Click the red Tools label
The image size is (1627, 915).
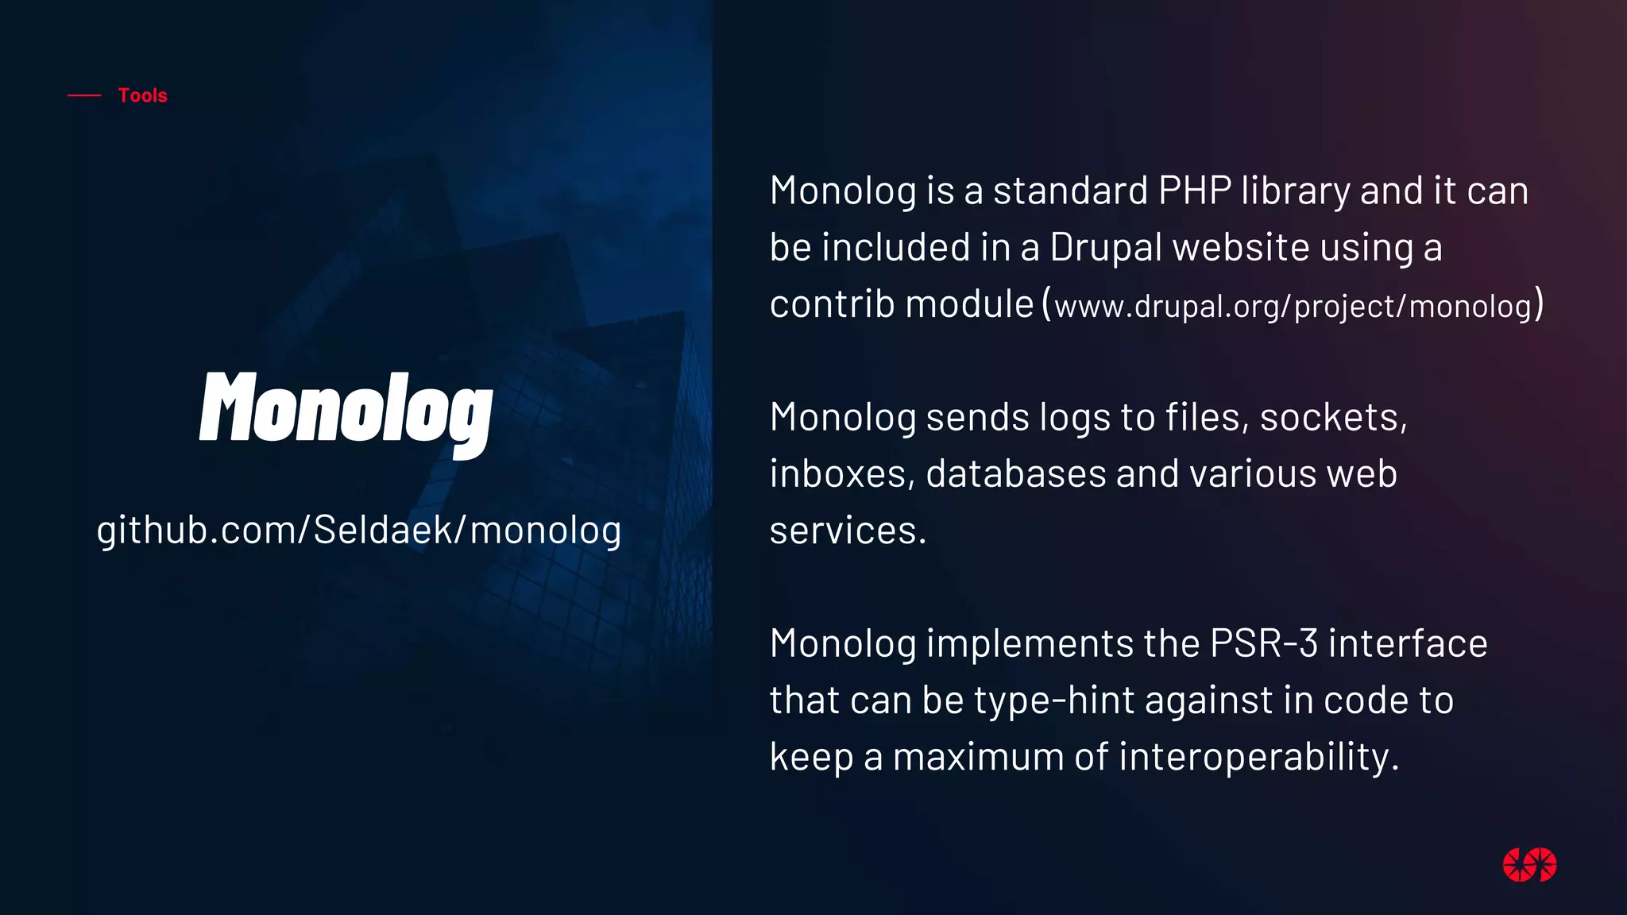pyautogui.click(x=143, y=95)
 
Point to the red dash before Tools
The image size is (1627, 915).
pyautogui.click(x=84, y=95)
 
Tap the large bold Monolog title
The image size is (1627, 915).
pyautogui.click(x=346, y=409)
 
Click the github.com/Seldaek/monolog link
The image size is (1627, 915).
pyautogui.click(x=359, y=531)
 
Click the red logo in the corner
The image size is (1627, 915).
pyautogui.click(x=1529, y=865)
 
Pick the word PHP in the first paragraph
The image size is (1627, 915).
pyautogui.click(x=1195, y=191)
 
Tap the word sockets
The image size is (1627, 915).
pyautogui.click(x=1333, y=418)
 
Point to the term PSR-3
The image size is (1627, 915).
pyautogui.click(x=1263, y=643)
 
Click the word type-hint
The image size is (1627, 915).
pyautogui.click(x=1054, y=701)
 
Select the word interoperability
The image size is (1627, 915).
pyautogui.click(x=1258, y=757)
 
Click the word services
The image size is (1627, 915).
pyautogui.click(x=848, y=531)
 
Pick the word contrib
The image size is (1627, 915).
pyautogui.click(x=832, y=304)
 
